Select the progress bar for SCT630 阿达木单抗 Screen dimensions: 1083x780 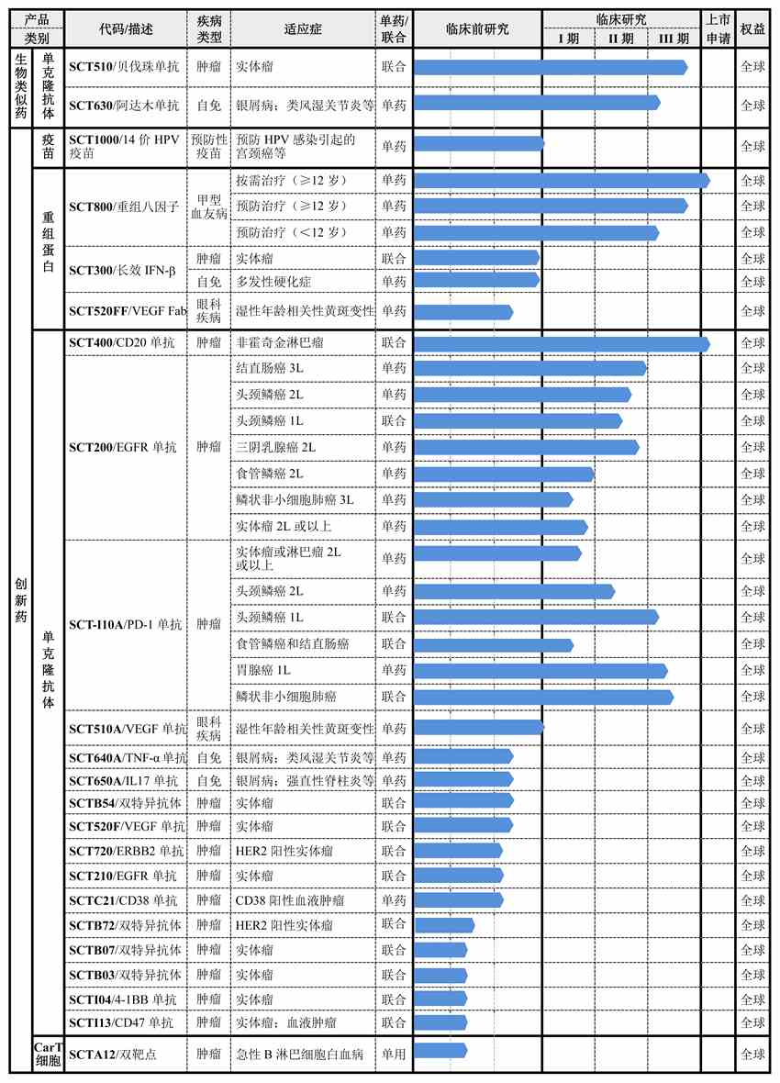[537, 103]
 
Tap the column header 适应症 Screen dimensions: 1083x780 [303, 28]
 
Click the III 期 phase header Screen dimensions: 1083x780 [674, 39]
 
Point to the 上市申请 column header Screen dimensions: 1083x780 [718, 28]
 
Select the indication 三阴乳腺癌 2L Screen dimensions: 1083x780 [276, 447]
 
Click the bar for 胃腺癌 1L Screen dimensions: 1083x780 [540, 671]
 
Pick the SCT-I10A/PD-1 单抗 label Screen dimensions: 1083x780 [126, 625]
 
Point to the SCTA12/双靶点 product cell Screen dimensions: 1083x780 [113, 1055]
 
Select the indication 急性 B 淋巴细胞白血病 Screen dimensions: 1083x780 [300, 1055]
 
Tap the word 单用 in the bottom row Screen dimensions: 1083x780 [394, 1055]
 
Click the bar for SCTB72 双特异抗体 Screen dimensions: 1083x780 [444, 924]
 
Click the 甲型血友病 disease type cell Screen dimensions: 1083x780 [208, 206]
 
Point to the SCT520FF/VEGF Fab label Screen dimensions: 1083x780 [128, 312]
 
